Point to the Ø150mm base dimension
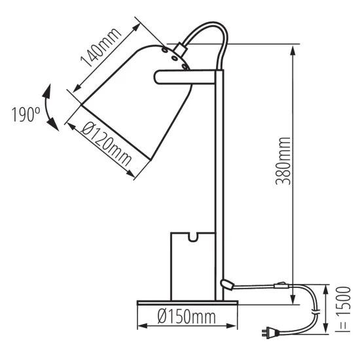(x=187, y=318)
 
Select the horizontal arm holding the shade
(x=187, y=77)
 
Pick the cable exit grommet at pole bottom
(x=226, y=283)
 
